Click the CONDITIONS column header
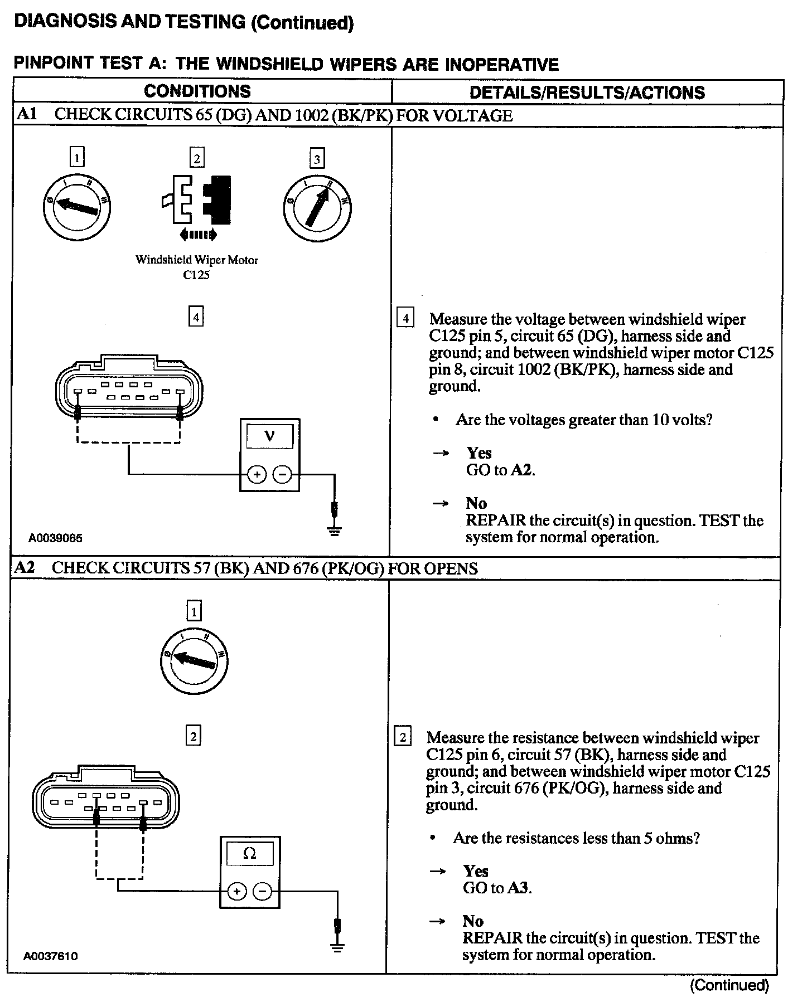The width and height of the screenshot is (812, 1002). click(197, 91)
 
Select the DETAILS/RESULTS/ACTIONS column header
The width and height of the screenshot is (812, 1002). click(587, 93)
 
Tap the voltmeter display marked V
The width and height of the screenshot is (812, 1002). click(270, 436)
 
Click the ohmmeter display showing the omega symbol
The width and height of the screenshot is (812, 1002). click(250, 854)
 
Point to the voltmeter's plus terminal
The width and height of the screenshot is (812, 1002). click(257, 475)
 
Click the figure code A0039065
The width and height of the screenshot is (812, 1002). click(56, 538)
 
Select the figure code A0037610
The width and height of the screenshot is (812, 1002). click(50, 956)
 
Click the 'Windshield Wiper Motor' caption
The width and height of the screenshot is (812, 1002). click(197, 260)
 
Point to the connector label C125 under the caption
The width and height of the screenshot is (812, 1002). click(196, 275)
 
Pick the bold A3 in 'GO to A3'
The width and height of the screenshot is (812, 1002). click(519, 888)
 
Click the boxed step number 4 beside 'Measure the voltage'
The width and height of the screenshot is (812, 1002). click(405, 319)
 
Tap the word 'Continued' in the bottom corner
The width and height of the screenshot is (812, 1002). click(730, 985)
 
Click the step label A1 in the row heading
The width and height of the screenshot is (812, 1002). click(27, 115)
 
